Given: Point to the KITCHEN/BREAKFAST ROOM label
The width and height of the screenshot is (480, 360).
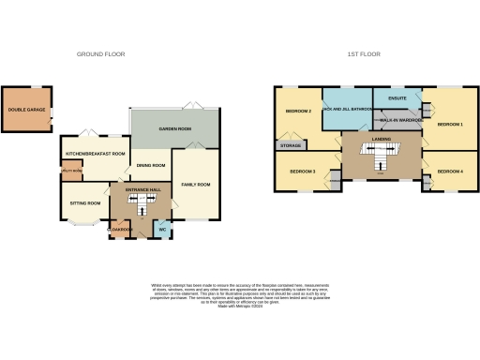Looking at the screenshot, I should click(x=95, y=152).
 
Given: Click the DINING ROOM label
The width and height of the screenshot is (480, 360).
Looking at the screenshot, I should click(x=150, y=165).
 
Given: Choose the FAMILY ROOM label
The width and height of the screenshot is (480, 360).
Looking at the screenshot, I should click(x=196, y=184).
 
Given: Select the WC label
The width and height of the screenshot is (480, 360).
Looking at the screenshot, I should click(x=161, y=230).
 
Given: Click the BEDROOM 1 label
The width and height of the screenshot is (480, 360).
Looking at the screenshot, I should click(x=450, y=124).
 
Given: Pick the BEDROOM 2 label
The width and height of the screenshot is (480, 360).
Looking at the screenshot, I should click(x=297, y=112).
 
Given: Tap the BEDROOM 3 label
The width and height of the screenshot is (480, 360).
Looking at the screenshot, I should click(x=302, y=172).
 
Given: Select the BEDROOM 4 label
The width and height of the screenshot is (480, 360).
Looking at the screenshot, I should click(x=450, y=172).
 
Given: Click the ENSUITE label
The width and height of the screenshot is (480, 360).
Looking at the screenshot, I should click(x=397, y=97).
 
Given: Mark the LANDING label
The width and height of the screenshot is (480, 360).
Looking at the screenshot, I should click(x=381, y=140).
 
